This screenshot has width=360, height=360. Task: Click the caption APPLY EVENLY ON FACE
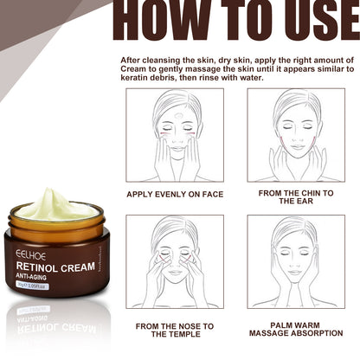pyautogui.click(x=175, y=194)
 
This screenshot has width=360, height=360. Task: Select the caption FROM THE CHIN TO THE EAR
pyautogui.click(x=296, y=197)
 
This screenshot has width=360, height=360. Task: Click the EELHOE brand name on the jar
pyautogui.click(x=31, y=255)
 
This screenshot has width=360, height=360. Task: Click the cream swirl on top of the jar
pyautogui.click(x=57, y=207)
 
